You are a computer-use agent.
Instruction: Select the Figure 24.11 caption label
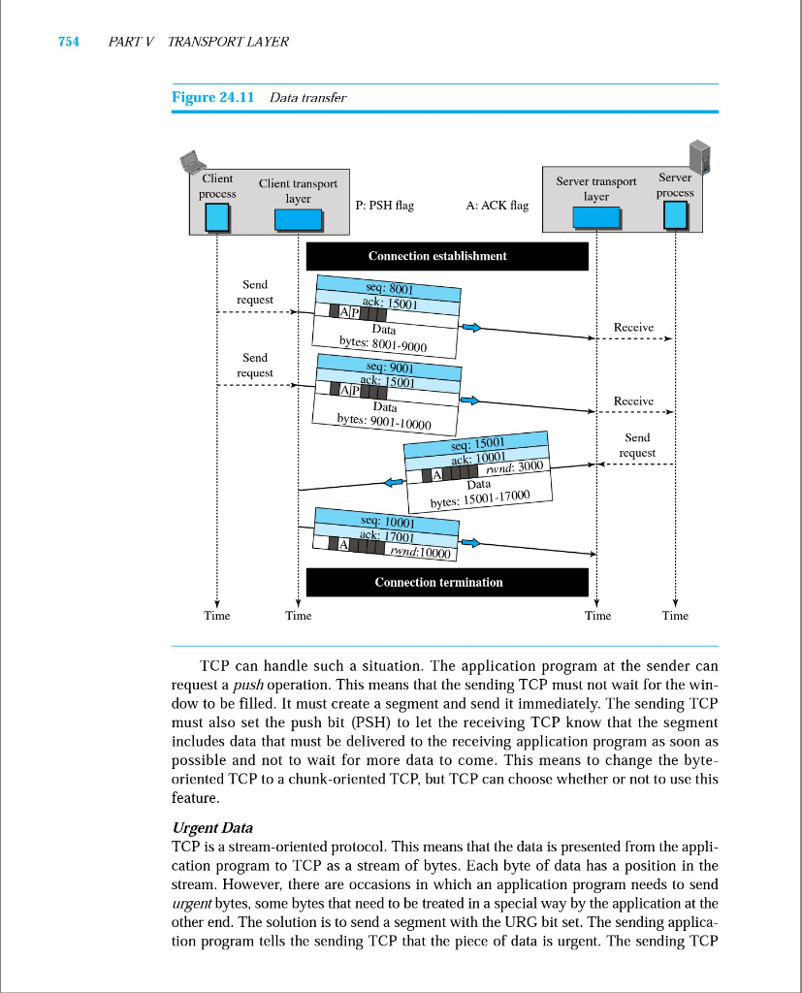click(212, 97)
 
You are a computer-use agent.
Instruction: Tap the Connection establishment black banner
click(447, 256)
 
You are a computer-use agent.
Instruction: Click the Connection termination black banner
click(447, 582)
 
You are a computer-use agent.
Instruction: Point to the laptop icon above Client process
click(190, 161)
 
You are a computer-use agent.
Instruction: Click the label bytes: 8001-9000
click(383, 343)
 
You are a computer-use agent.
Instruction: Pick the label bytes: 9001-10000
click(383, 421)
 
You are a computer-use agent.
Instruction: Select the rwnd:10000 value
click(420, 553)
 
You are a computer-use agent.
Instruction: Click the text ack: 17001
click(387, 536)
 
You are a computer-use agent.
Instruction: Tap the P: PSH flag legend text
click(385, 206)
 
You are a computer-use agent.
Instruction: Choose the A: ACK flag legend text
click(497, 206)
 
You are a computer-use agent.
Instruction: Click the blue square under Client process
click(218, 217)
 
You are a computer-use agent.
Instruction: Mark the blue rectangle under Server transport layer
click(595, 218)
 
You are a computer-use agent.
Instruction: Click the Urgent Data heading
click(211, 827)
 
